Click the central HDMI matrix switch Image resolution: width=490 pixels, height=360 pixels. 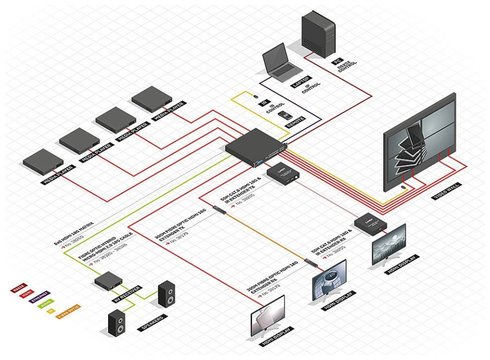coord(253,145)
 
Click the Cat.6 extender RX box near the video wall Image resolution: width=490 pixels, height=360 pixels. coord(372,223)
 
